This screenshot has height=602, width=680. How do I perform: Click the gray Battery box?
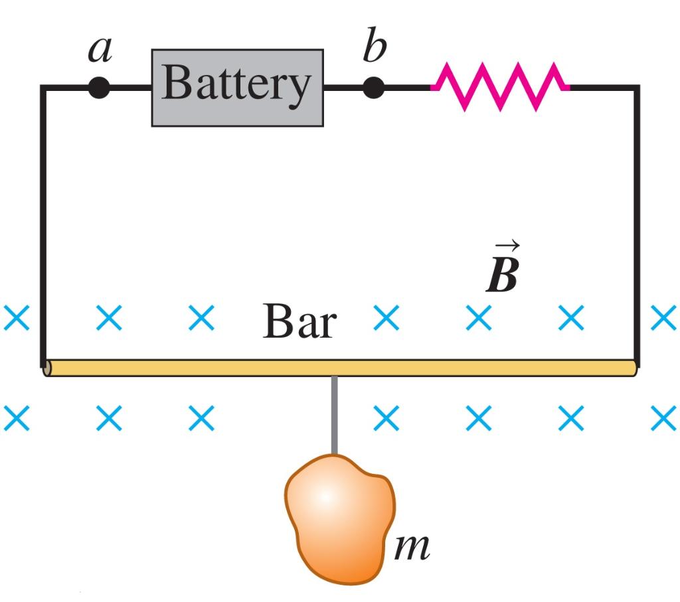[x=237, y=87]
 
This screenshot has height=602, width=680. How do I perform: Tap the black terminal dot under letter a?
[x=99, y=88]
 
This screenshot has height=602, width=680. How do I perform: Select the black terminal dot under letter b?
[x=374, y=87]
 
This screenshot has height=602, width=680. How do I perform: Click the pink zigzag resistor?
[x=500, y=86]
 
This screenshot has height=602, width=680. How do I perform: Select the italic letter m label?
[x=412, y=546]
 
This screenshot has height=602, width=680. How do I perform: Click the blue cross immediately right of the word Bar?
[x=386, y=319]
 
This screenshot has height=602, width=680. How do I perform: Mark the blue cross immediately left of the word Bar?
[x=201, y=319]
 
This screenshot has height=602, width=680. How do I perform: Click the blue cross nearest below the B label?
[x=478, y=319]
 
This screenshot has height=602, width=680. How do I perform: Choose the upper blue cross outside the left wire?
[x=16, y=319]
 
